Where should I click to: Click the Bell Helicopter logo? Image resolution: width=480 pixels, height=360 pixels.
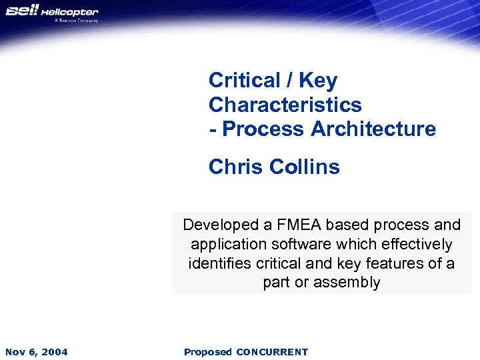52,13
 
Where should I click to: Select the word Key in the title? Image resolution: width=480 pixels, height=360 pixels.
318,81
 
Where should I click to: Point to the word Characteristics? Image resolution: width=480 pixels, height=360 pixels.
285,105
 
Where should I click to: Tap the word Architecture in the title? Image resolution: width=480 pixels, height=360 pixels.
373,129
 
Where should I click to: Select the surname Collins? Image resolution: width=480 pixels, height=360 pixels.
305,166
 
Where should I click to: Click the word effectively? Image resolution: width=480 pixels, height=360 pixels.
415,244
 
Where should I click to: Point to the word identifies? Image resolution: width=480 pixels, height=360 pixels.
219,263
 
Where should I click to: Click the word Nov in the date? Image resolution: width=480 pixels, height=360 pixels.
15,352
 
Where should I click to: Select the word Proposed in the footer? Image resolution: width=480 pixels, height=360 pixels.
208,352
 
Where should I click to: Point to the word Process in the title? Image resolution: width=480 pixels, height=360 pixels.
263,129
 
